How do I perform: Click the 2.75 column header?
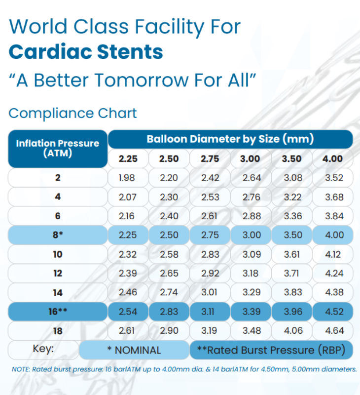(210, 158)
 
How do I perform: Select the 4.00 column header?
(332, 158)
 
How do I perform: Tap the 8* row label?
(58, 235)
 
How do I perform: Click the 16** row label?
(58, 312)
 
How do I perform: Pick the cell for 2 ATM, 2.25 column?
(128, 178)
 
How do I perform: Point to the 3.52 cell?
(332, 178)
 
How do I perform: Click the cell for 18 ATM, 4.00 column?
(332, 331)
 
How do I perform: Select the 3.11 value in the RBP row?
(210, 312)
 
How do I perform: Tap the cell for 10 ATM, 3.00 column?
(252, 254)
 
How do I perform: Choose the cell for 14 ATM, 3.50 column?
(291, 292)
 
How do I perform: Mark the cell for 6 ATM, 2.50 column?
(169, 216)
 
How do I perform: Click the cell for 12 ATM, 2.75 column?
(210, 274)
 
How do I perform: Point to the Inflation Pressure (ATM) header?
(58, 148)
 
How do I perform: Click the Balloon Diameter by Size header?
(230, 139)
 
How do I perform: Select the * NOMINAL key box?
(134, 350)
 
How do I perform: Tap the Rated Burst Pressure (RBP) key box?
(271, 350)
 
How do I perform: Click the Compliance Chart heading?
(72, 113)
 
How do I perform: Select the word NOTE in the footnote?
(20, 369)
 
